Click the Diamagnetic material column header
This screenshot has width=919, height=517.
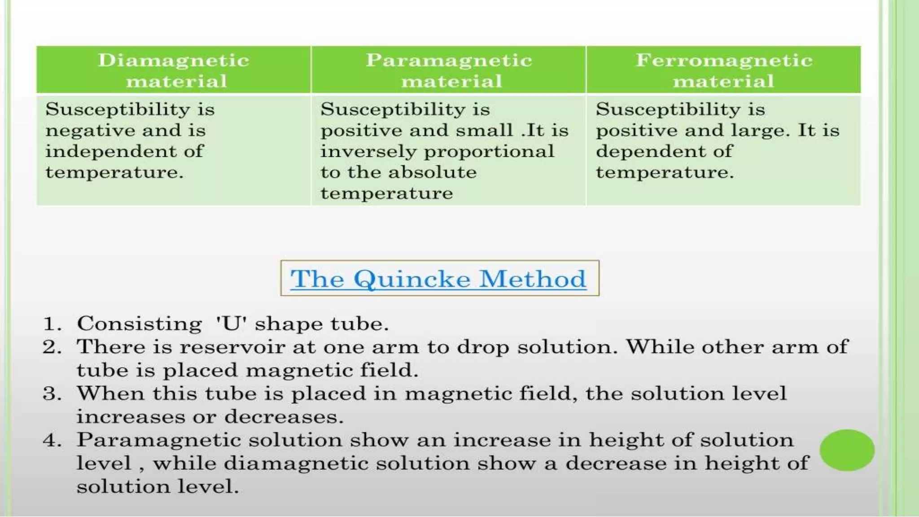(174, 70)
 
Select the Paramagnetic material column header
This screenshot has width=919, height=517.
(449, 70)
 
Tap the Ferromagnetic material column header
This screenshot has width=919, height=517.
(723, 70)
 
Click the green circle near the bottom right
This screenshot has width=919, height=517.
(847, 450)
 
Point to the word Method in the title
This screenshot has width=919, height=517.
(533, 279)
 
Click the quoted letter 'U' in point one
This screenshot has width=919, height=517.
(232, 324)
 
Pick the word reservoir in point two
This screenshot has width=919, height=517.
(232, 347)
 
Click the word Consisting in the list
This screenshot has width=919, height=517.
(139, 324)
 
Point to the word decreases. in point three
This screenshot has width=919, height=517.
(284, 417)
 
